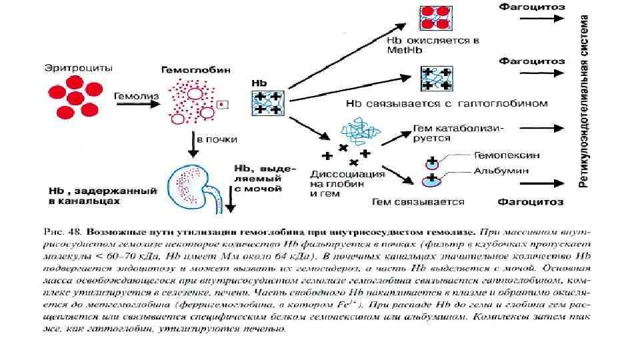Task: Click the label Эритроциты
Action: pyautogui.click(x=78, y=67)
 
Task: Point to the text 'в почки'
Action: pyautogui.click(x=210, y=139)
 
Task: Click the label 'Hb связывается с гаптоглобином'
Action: pyautogui.click(x=447, y=103)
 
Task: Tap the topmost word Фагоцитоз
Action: pyautogui.click(x=531, y=7)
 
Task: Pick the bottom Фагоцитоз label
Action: pyautogui.click(x=531, y=201)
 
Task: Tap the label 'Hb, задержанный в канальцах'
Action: pyautogui.click(x=102, y=195)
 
